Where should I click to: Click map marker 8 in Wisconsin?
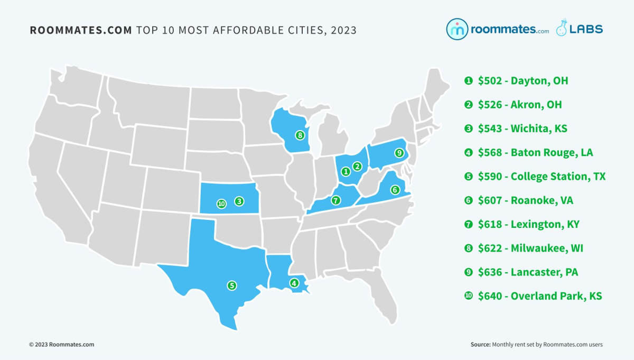pyautogui.click(x=300, y=135)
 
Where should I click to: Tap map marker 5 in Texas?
pyautogui.click(x=231, y=285)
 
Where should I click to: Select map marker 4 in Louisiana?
pyautogui.click(x=294, y=283)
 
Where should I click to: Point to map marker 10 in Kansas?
pyautogui.click(x=221, y=203)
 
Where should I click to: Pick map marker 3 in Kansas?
pyautogui.click(x=239, y=201)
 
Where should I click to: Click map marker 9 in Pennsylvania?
pyautogui.click(x=399, y=153)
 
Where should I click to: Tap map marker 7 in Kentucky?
pyautogui.click(x=335, y=200)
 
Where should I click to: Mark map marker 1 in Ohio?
pyautogui.click(x=345, y=171)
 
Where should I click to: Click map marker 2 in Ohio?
pyautogui.click(x=357, y=167)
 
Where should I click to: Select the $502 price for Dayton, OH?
pyautogui.click(x=490, y=81)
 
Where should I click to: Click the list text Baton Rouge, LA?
pyautogui.click(x=552, y=153)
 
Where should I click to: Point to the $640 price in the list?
pyautogui.click(x=490, y=296)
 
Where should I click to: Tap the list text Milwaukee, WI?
pyautogui.click(x=547, y=248)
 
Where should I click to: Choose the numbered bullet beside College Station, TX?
pyautogui.click(x=468, y=177)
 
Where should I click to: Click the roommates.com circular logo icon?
pyautogui.click(x=456, y=30)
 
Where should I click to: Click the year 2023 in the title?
pyautogui.click(x=343, y=30)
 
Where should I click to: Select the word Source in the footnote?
pyautogui.click(x=480, y=345)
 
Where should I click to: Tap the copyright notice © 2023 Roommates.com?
pyautogui.click(x=61, y=345)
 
